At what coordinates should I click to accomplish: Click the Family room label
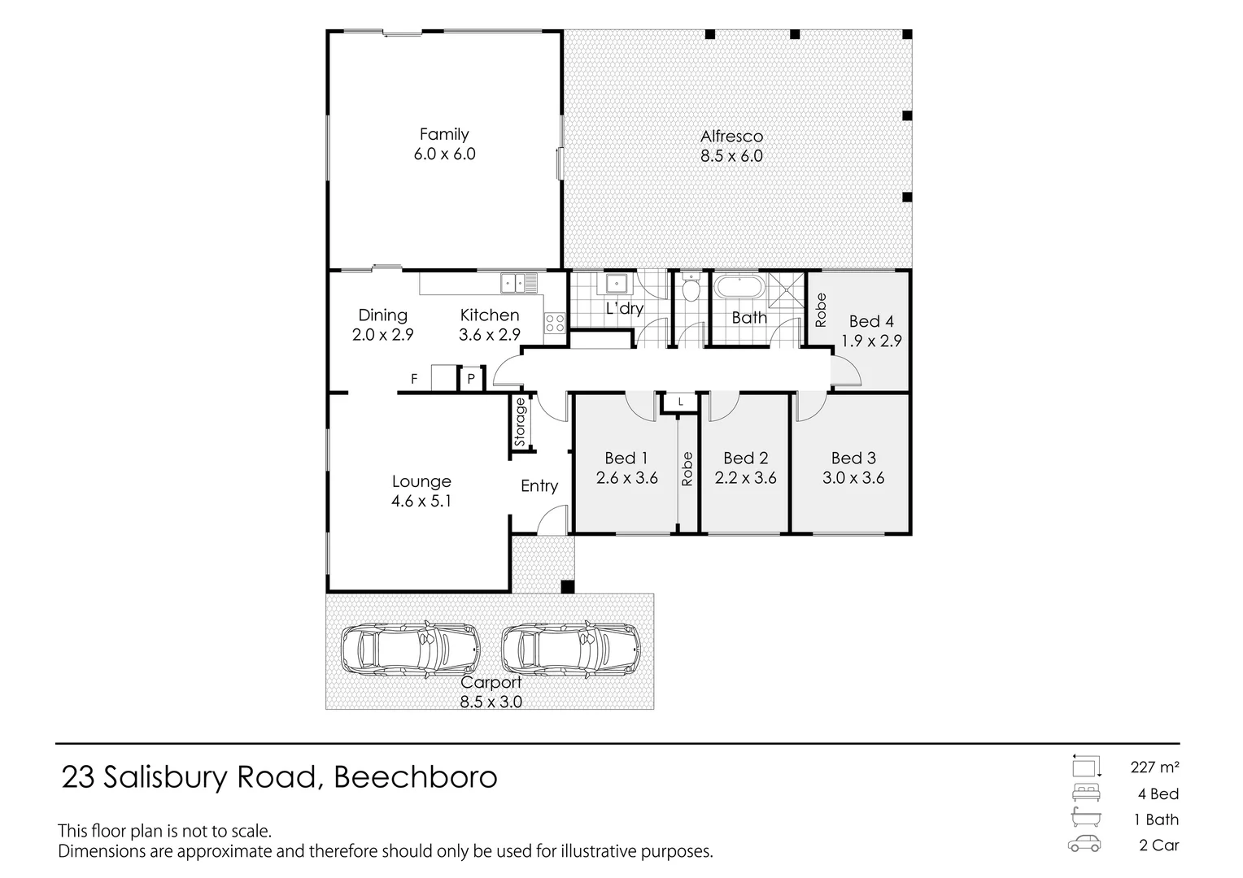point(444,135)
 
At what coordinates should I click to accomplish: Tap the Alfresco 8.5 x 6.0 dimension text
point(731,156)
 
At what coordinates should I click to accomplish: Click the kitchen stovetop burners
point(555,323)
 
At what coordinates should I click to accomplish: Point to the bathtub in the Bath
point(739,288)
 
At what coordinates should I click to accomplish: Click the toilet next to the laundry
point(691,288)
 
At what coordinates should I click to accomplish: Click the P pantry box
point(470,379)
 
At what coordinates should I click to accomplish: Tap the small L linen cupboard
point(680,402)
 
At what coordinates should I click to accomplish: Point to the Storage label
point(521,422)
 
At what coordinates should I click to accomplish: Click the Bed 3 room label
point(853,459)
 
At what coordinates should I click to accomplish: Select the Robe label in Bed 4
point(820,310)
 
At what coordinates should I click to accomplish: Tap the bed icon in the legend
point(1085,793)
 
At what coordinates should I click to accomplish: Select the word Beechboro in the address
point(416,778)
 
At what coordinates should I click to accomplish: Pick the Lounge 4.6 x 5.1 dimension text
point(421,502)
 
